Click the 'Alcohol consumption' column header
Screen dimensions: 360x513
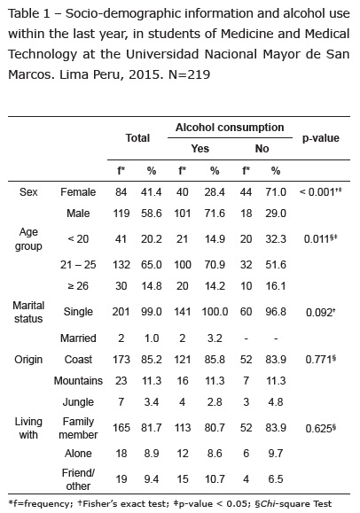click(230, 128)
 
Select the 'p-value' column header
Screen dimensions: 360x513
click(321, 138)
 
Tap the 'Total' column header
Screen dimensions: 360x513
click(137, 137)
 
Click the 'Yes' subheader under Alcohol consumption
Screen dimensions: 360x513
click(200, 149)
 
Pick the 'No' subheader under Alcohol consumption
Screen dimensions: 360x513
click(262, 149)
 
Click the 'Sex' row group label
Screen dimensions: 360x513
click(28, 191)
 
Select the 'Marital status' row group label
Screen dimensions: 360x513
click(28, 312)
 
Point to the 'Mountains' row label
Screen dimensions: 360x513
click(78, 380)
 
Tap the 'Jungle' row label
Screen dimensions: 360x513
click(78, 401)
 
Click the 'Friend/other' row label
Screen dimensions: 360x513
click(78, 479)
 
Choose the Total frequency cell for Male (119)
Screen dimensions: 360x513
click(121, 214)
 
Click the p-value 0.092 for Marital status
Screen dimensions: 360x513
click(320, 313)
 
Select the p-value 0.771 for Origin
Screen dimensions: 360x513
click(321, 359)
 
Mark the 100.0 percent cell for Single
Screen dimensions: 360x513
click(215, 312)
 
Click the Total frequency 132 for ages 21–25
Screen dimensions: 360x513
click(121, 264)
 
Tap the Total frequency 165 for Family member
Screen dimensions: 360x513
click(121, 428)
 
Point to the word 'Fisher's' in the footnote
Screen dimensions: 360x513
click(98, 503)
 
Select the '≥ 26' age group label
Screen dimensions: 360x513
click(78, 286)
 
